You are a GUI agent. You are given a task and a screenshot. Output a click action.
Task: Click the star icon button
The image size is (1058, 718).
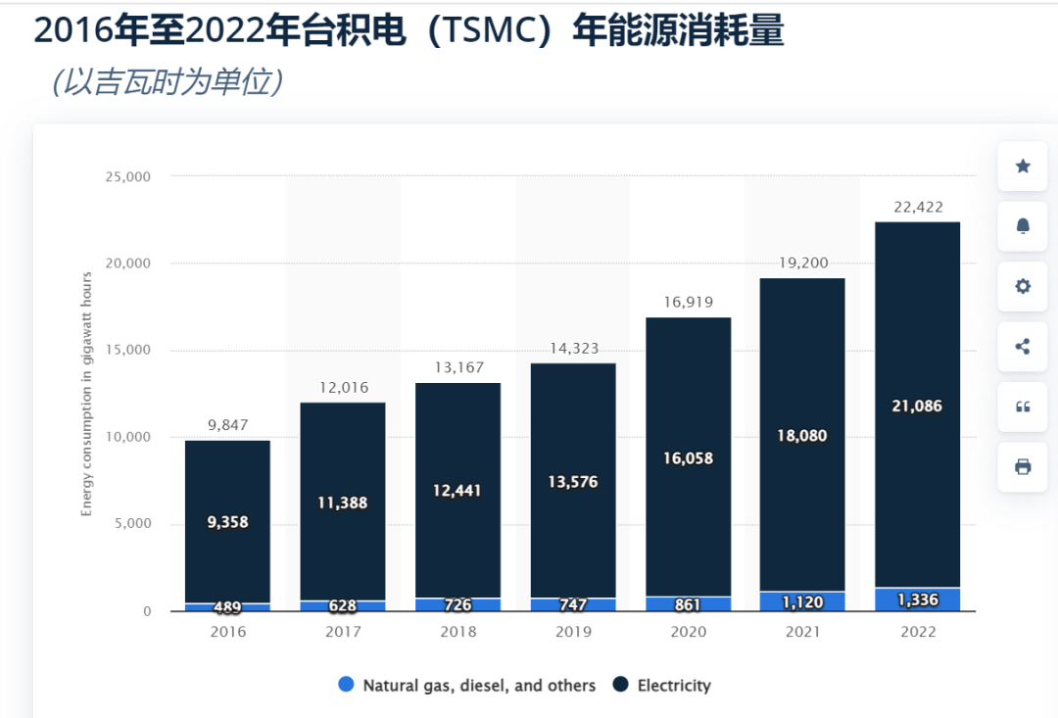point(1023,167)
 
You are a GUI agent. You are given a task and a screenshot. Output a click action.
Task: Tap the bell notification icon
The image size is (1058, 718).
point(1023,226)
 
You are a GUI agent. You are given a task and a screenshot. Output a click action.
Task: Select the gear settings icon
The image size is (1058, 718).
point(1023,286)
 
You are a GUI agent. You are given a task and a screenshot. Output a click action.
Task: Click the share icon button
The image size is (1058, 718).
point(1023,346)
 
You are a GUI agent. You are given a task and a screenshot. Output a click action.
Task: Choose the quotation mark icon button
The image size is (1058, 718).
point(1023,407)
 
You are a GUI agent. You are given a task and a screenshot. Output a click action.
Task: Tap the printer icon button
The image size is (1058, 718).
point(1023,466)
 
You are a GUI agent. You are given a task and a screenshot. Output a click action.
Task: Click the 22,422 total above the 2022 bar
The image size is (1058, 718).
point(918,207)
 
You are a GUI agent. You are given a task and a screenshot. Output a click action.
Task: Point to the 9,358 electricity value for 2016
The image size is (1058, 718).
point(227,522)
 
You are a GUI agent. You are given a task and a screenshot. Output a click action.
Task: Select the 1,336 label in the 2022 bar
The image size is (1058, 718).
point(917,599)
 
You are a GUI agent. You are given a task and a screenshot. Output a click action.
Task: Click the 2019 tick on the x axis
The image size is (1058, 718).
point(573,632)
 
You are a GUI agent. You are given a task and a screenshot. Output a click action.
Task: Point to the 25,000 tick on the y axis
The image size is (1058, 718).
point(128,176)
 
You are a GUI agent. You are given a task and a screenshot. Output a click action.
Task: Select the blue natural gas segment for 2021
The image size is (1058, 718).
point(802,601)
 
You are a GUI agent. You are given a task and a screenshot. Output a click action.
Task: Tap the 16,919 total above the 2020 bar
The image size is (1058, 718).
point(689,302)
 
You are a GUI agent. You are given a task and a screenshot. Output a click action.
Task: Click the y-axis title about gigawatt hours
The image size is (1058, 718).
point(86,395)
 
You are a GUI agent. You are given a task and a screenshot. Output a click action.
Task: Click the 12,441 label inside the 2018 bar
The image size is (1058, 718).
point(457,490)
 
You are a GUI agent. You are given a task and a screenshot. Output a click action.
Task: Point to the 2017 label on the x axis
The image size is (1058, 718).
point(343,632)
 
